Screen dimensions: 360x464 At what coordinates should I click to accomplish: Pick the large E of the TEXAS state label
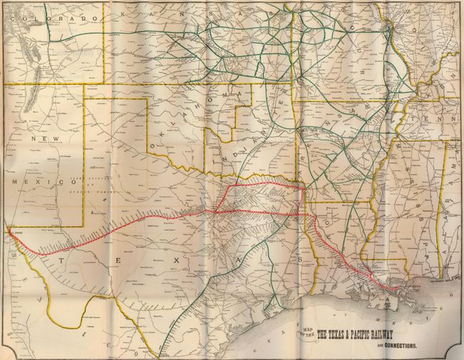tap(115, 261)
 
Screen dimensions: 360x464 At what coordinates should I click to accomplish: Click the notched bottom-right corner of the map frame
tap(457, 354)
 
